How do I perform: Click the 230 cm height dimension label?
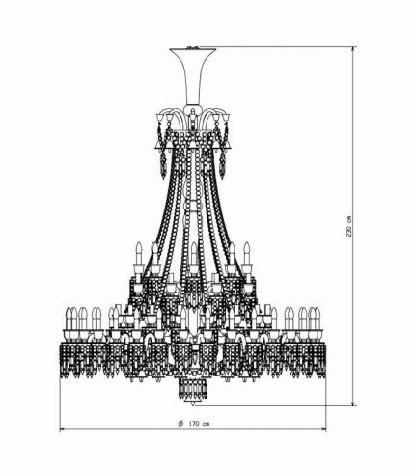click(x=349, y=226)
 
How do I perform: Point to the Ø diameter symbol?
click(x=180, y=423)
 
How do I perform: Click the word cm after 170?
click(x=207, y=424)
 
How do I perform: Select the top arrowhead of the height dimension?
click(x=353, y=50)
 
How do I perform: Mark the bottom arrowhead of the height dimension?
click(x=353, y=403)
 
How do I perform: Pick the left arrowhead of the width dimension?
click(x=63, y=429)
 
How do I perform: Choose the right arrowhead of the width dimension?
click(x=323, y=429)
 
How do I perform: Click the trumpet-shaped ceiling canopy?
click(x=193, y=76)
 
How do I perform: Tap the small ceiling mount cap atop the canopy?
click(x=193, y=47)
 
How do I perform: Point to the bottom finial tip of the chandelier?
click(x=193, y=404)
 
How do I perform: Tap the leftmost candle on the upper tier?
click(x=139, y=254)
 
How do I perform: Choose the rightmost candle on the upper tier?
click(x=247, y=254)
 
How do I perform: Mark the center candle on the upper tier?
click(x=193, y=254)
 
